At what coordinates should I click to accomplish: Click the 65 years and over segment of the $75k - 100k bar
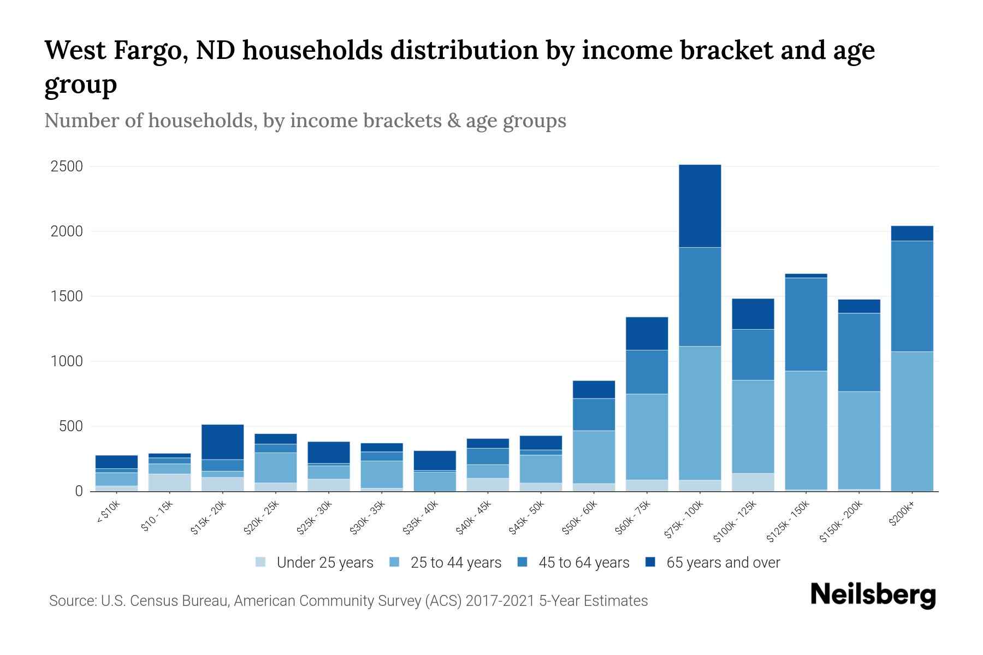pos(700,206)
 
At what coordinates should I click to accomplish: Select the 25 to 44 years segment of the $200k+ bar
pos(911,421)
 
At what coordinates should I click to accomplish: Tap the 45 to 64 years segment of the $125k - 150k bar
pos(806,324)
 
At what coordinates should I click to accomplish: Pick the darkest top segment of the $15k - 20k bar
pos(222,442)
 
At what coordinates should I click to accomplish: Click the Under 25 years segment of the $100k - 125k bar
pos(753,482)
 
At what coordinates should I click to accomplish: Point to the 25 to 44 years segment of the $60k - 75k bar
pos(647,437)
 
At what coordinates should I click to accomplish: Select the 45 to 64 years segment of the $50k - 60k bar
pos(594,414)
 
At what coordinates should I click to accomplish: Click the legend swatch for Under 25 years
pos(260,562)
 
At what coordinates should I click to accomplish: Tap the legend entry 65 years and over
pos(723,563)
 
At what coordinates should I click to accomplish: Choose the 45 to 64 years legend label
pos(584,563)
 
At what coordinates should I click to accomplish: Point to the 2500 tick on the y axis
pos(67,166)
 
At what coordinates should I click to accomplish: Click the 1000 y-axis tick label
pos(67,361)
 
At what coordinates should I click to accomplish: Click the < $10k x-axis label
pos(109,514)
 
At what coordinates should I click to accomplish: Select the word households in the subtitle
pos(203,120)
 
